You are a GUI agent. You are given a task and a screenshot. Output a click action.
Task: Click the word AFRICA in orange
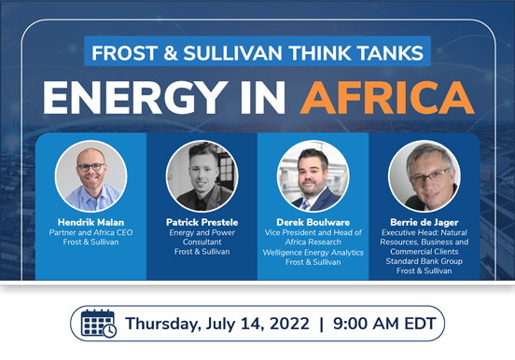[387, 98]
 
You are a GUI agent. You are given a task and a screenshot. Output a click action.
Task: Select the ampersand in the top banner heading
[171, 52]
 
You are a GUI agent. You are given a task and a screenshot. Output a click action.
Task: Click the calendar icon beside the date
[99, 324]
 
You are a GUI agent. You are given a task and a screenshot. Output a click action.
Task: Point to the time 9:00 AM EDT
[384, 324]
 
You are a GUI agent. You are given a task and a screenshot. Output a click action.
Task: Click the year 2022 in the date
[289, 324]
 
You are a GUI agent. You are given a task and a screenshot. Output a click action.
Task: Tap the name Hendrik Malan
[91, 222]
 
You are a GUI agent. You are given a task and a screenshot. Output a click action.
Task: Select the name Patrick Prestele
[202, 222]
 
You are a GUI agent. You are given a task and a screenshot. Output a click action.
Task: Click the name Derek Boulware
[313, 222]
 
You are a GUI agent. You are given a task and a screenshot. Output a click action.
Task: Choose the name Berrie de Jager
[425, 222]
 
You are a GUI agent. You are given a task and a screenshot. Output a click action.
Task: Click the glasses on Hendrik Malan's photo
[91, 167]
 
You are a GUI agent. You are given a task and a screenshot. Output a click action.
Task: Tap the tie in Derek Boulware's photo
[306, 204]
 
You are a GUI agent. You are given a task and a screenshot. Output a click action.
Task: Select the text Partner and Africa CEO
[91, 232]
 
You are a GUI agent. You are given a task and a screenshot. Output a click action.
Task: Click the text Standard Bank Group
[425, 261]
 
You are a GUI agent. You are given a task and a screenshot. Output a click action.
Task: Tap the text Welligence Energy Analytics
[313, 252]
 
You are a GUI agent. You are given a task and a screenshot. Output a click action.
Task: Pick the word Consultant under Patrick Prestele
[202, 242]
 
